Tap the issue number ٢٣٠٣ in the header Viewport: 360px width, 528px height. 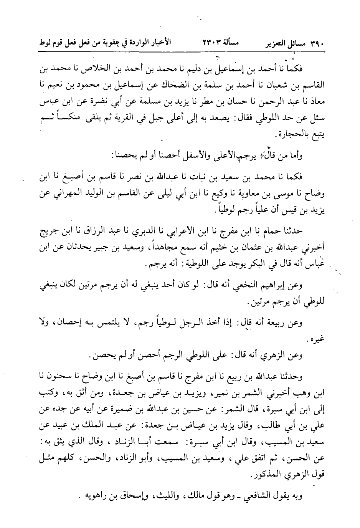[x=210, y=43]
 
